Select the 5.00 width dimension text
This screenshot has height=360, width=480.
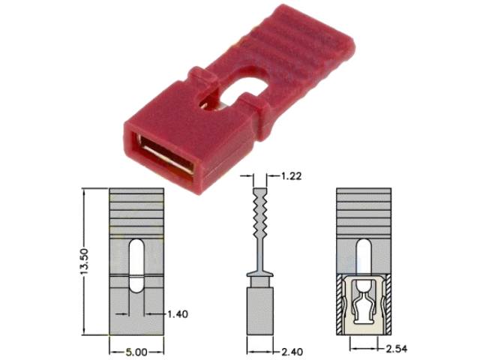coord(136,349)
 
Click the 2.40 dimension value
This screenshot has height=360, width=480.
coord(291,349)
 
